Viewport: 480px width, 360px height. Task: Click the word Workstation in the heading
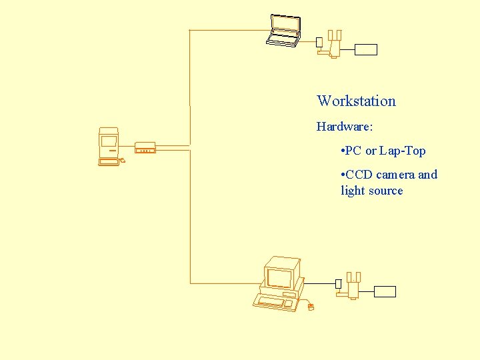point(356,101)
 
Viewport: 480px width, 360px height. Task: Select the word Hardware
point(343,127)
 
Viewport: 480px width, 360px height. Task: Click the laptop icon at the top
point(283,31)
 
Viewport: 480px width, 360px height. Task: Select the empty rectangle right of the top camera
point(366,49)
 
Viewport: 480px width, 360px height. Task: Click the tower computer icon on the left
point(108,145)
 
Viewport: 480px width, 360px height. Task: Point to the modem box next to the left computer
point(145,147)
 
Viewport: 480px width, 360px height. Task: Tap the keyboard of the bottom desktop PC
point(273,303)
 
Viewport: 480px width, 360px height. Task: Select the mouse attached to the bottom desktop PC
point(311,307)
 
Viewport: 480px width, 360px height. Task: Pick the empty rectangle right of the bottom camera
point(385,291)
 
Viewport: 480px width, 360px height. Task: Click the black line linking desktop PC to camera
point(319,283)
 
